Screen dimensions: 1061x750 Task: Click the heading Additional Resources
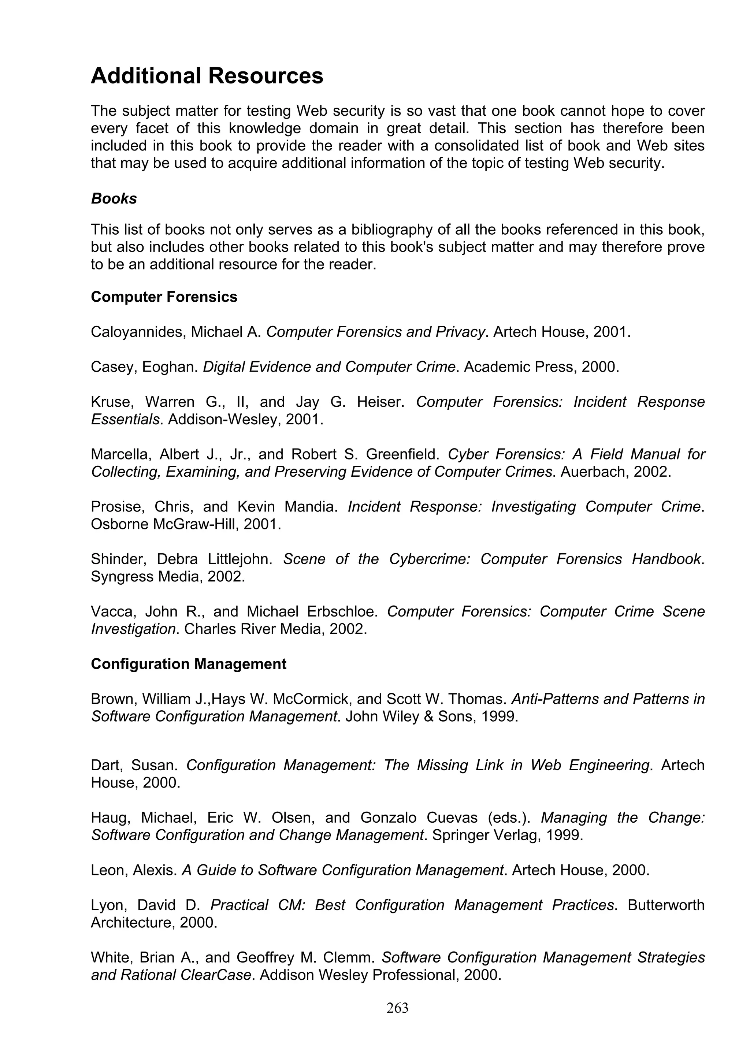(x=207, y=76)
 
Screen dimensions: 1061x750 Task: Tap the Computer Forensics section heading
(x=164, y=297)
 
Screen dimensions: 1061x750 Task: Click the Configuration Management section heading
(x=188, y=664)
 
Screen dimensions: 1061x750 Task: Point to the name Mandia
(x=311, y=507)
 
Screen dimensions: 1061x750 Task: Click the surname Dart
(x=106, y=765)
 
